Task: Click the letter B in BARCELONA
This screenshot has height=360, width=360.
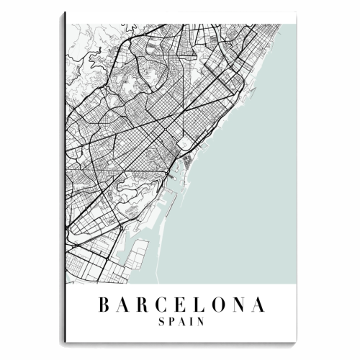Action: pos(102,305)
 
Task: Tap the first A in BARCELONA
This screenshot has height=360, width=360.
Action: pos(123,305)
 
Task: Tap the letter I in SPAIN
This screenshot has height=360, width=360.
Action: pos(191,323)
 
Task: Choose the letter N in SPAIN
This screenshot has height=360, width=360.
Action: pos(201,323)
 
